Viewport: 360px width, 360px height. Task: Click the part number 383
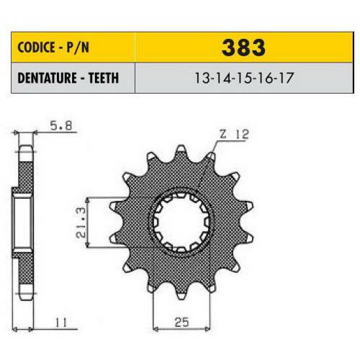pos(246,48)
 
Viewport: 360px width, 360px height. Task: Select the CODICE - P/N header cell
pos(70,48)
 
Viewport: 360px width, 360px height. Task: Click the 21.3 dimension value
pos(82,222)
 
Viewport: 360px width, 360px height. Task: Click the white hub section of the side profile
pos(24,223)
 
